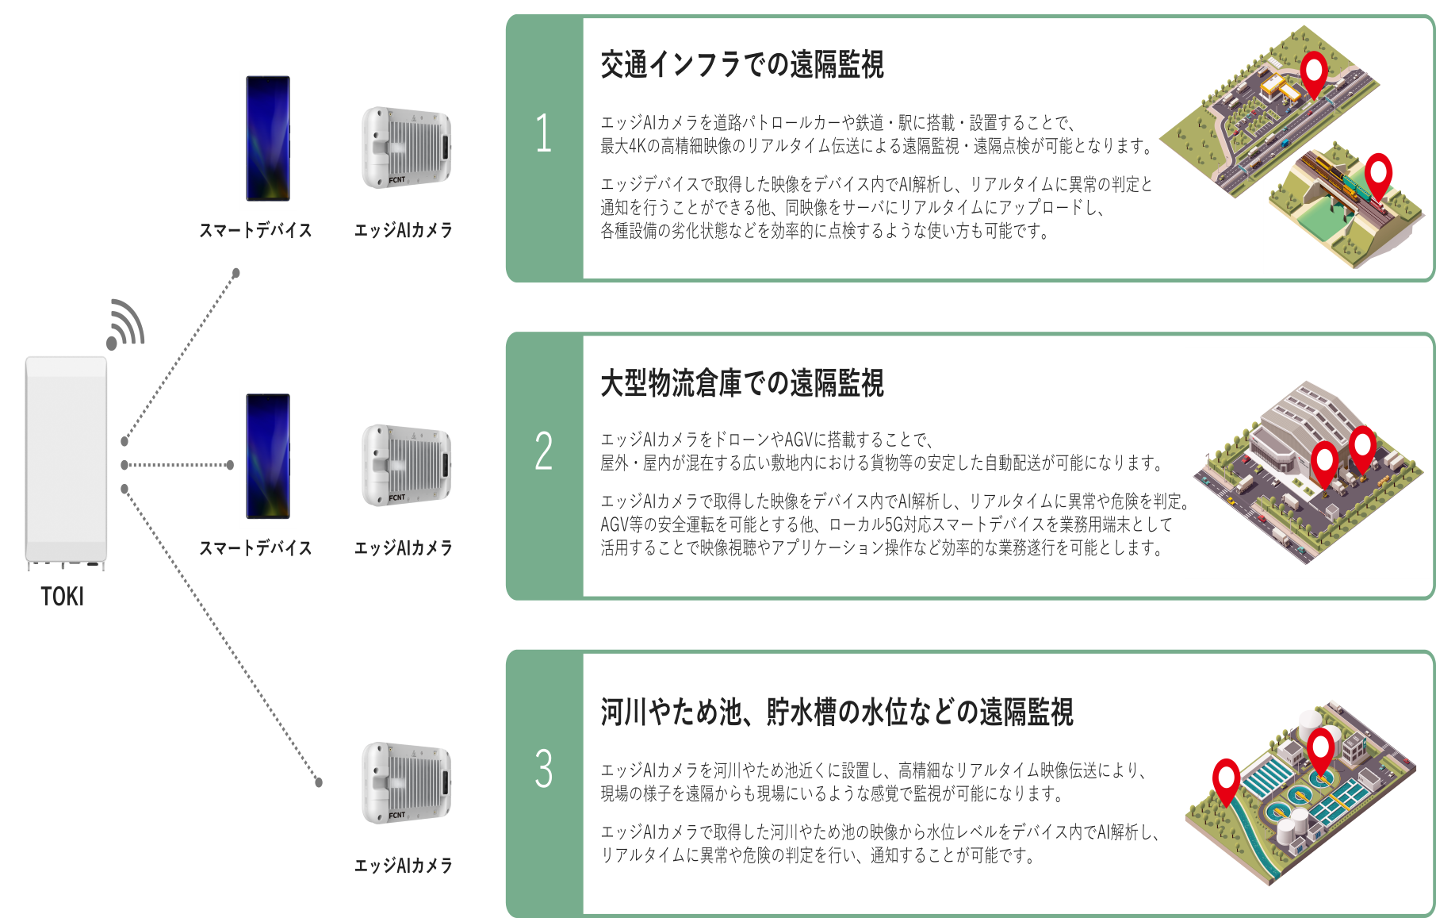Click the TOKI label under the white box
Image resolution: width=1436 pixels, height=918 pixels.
[63, 597]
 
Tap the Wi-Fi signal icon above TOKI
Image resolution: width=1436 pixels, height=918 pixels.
[126, 325]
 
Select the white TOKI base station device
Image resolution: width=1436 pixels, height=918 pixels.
[66, 460]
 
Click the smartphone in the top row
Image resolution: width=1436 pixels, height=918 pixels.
[268, 138]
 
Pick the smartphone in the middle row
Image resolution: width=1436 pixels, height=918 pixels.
[268, 455]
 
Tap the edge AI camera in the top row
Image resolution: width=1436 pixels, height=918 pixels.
[406, 148]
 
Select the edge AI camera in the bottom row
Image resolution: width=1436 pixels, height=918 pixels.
[406, 782]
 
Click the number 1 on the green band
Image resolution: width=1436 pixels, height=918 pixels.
[544, 133]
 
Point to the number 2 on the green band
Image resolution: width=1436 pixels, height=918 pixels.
[544, 451]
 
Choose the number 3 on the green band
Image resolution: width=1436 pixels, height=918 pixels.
[544, 768]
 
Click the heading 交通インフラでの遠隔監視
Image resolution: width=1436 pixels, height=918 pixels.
[741, 64]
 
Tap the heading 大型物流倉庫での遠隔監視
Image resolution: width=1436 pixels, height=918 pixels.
[741, 383]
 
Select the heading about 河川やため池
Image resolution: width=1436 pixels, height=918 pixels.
[837, 712]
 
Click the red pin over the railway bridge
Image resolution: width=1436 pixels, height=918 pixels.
[1378, 174]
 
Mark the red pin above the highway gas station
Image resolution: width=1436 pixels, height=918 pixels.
[1314, 72]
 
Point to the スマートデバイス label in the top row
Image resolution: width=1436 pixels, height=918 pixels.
[255, 230]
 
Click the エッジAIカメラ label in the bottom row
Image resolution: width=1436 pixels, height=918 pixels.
[403, 865]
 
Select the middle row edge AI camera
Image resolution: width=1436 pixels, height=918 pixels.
[406, 465]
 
